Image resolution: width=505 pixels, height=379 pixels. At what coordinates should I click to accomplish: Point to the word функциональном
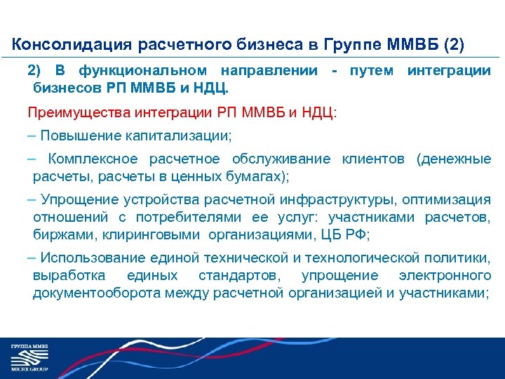142,71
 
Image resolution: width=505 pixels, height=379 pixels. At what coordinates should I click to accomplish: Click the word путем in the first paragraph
372,71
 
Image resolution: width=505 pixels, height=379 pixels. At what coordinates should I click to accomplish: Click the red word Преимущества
72,112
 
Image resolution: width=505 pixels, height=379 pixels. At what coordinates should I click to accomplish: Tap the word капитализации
185,135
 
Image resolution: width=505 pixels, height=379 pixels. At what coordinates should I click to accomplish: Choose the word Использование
83,258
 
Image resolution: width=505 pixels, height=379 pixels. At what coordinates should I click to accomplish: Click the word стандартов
239,276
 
